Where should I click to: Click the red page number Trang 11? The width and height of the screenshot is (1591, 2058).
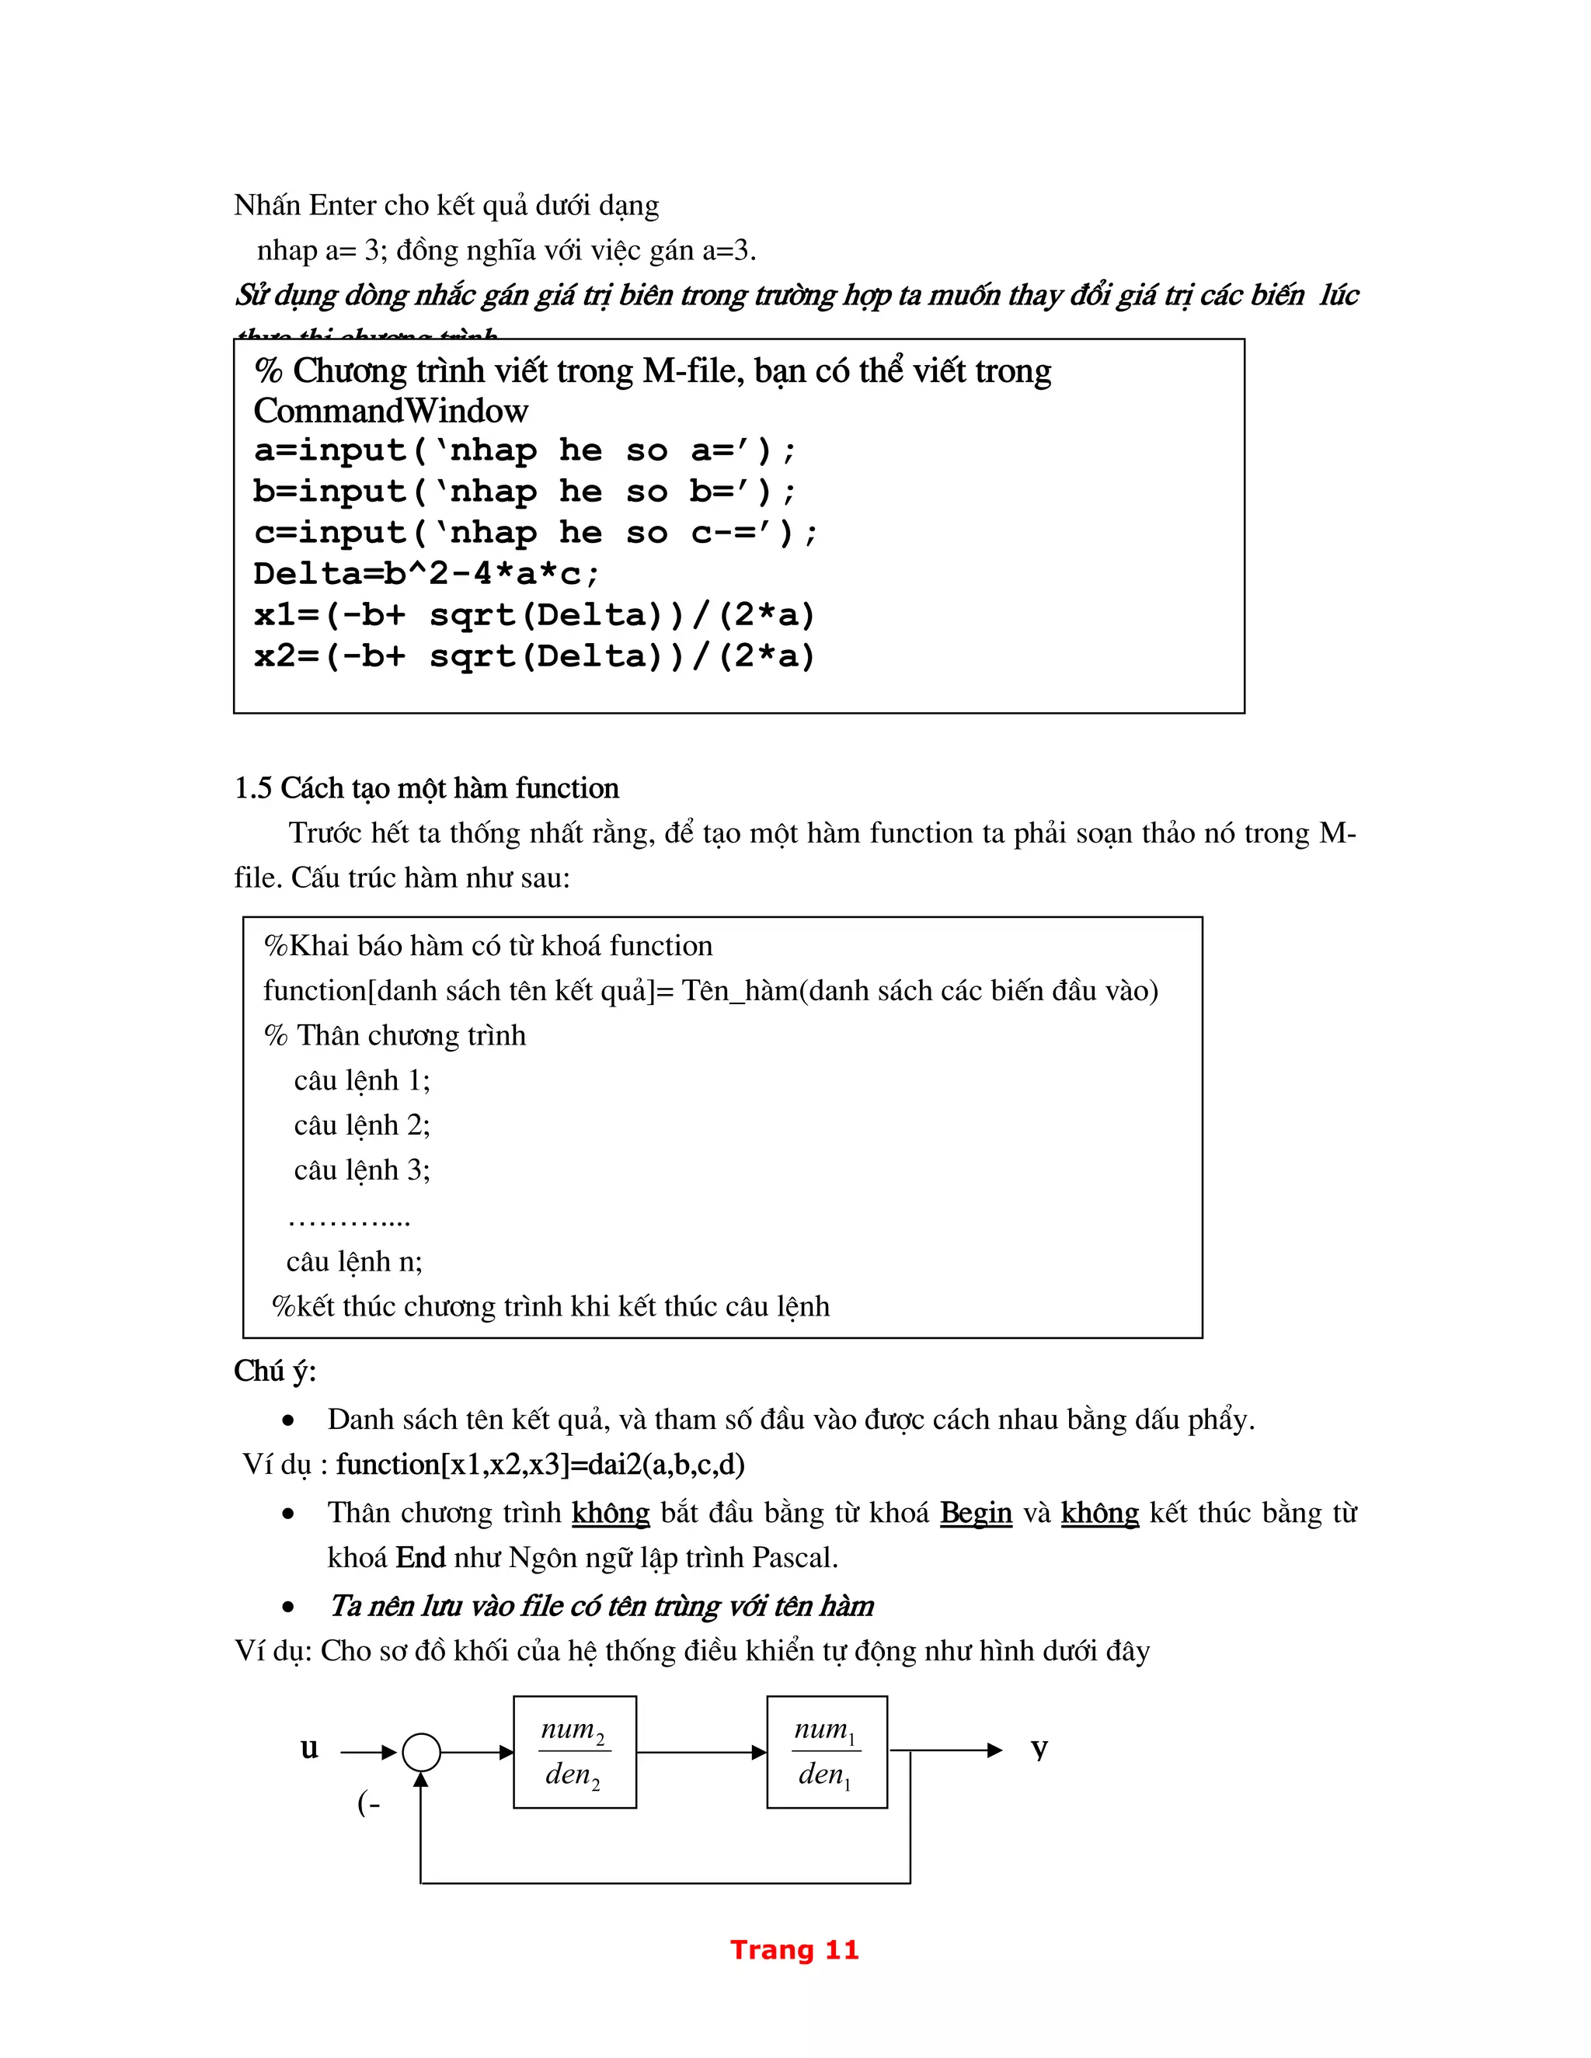point(795,1949)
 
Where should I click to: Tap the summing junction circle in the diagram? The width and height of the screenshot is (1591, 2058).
point(421,1753)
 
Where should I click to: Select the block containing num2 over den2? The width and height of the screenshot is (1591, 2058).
point(574,1752)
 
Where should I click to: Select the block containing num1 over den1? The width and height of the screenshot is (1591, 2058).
point(827,1752)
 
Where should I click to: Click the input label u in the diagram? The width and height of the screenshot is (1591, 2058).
point(309,1749)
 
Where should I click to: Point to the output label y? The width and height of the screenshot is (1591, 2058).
point(1039,1749)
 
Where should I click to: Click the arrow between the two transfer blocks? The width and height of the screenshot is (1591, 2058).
point(702,1753)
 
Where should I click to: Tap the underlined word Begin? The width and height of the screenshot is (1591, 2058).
point(976,1512)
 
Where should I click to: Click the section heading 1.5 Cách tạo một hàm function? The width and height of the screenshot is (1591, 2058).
point(426,787)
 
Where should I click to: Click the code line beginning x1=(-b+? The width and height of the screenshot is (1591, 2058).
point(534,614)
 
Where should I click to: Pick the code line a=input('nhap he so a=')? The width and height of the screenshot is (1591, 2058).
point(525,450)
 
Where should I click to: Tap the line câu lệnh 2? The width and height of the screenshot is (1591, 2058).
point(362,1125)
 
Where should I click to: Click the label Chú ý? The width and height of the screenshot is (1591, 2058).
point(275,1371)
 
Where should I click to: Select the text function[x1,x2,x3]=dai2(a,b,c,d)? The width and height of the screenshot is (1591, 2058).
point(540,1465)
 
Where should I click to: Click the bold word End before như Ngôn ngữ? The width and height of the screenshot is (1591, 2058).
point(420,1558)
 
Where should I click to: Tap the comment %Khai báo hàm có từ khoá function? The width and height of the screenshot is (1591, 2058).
point(488,946)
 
